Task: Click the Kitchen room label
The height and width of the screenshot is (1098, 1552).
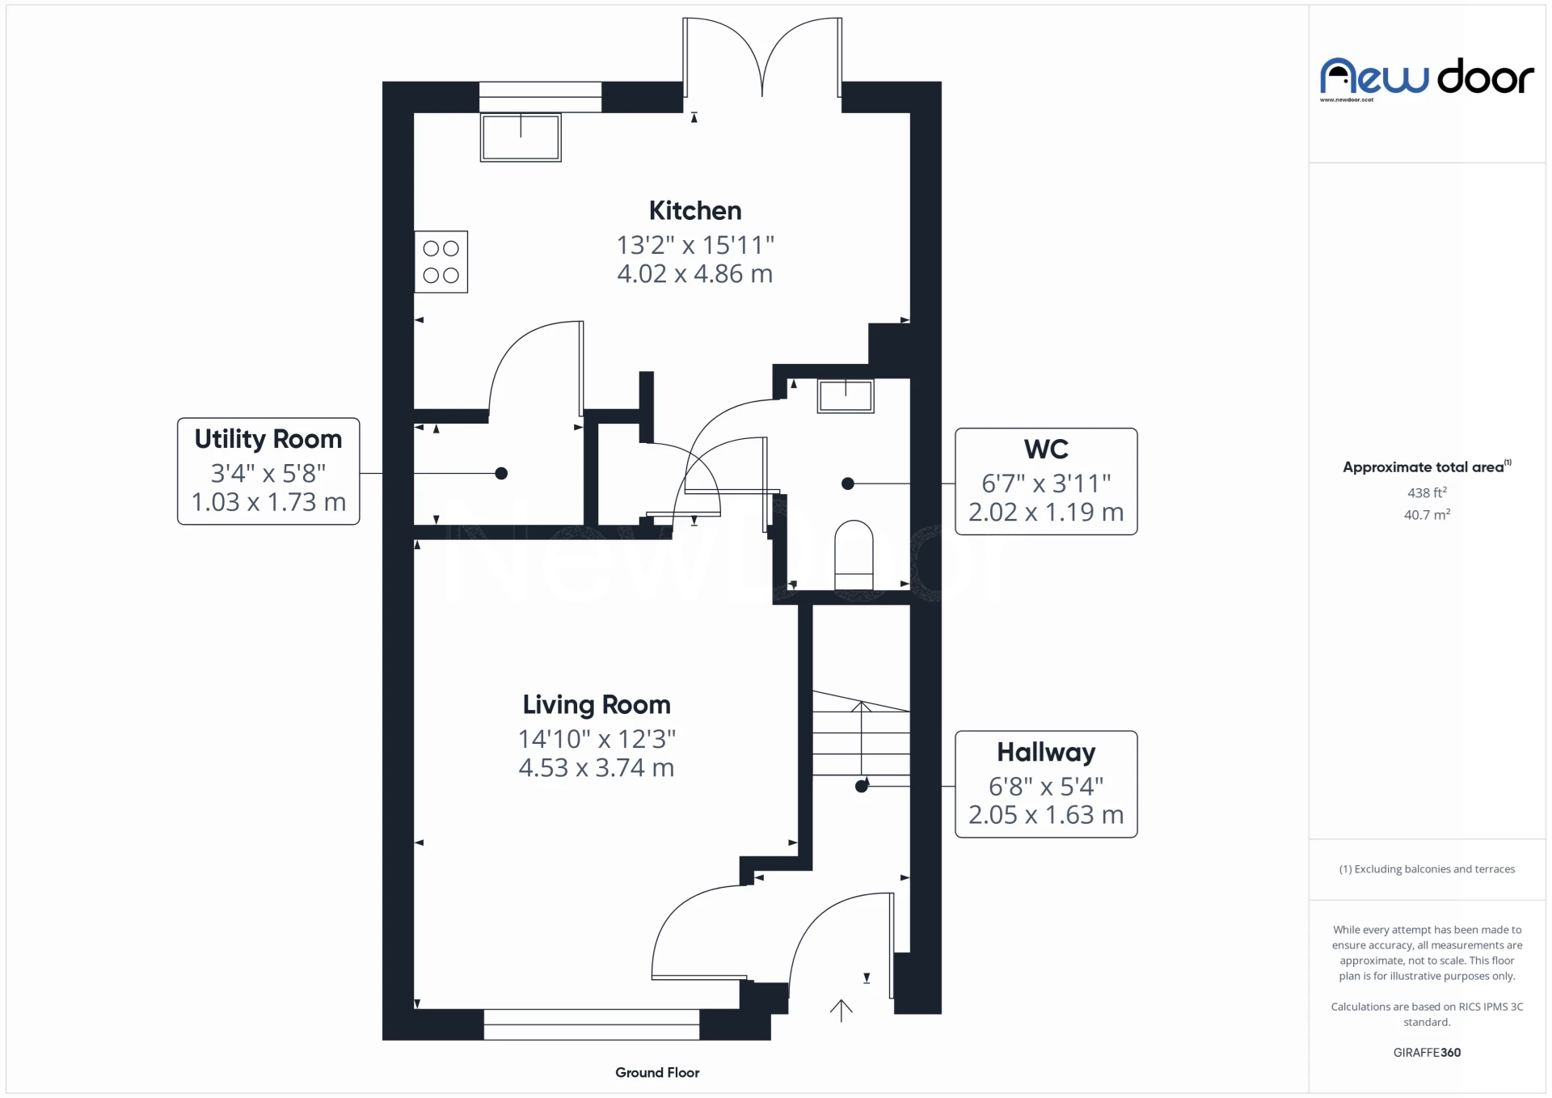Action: click(x=695, y=210)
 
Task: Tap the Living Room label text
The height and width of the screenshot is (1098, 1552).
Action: click(x=597, y=704)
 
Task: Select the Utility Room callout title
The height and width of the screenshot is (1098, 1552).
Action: click(x=268, y=439)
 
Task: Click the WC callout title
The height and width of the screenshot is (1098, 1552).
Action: click(x=1046, y=449)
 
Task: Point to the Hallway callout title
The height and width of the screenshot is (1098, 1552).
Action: click(x=1046, y=753)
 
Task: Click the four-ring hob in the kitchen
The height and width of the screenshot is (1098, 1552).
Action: click(x=441, y=262)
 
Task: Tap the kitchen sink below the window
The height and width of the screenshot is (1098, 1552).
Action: click(x=521, y=137)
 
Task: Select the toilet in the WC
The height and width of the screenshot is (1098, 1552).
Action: click(x=854, y=555)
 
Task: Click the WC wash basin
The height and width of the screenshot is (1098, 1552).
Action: click(x=846, y=396)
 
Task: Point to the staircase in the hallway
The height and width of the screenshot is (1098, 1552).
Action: click(x=861, y=733)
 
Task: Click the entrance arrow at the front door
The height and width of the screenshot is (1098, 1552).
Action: click(x=841, y=1011)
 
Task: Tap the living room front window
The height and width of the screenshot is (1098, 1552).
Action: click(x=592, y=1024)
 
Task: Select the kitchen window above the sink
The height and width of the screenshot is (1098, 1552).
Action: click(x=541, y=97)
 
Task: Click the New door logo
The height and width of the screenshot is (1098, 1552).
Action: click(x=1427, y=78)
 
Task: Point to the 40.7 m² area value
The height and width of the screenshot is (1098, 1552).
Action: click(x=1427, y=515)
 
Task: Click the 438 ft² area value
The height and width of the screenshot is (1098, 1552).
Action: click(x=1427, y=492)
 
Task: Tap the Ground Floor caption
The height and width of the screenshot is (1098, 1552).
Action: click(x=657, y=1072)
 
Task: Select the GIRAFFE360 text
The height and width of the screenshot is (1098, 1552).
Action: click(x=1427, y=1052)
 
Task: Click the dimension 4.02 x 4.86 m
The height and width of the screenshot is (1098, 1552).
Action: click(x=695, y=274)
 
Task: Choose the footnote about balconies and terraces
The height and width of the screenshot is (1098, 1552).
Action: click(x=1427, y=869)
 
